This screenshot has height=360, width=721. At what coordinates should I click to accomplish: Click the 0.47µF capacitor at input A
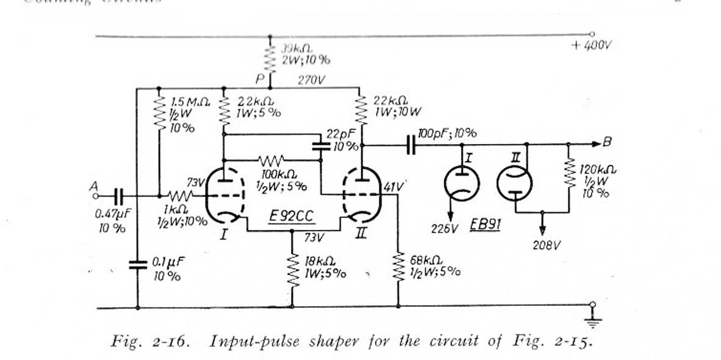[x=118, y=195]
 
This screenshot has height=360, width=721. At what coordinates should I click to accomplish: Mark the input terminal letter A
[x=93, y=190]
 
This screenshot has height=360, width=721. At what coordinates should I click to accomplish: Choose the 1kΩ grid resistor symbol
[x=182, y=196]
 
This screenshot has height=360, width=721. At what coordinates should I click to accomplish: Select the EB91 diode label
[x=487, y=225]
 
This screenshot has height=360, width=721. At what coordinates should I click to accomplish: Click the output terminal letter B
[x=607, y=143]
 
